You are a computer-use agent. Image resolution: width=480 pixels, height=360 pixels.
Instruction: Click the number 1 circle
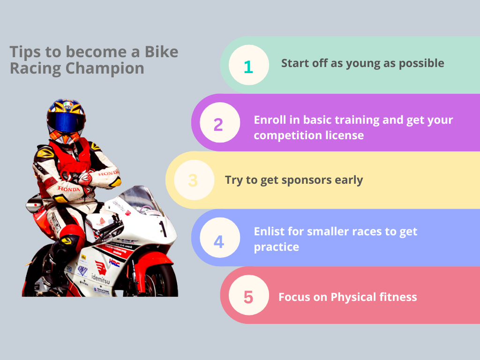(248, 65)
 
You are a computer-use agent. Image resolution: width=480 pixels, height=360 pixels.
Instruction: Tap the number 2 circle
(220, 122)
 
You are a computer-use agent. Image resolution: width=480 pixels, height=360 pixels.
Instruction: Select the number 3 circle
(194, 180)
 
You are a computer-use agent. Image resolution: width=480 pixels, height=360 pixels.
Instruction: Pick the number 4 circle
(220, 238)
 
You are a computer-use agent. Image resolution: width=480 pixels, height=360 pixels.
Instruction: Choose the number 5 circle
(248, 295)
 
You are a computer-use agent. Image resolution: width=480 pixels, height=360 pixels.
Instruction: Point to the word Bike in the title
(161, 52)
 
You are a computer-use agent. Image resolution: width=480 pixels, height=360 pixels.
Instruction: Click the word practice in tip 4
(277, 247)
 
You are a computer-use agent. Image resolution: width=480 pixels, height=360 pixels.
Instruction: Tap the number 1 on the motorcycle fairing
(163, 229)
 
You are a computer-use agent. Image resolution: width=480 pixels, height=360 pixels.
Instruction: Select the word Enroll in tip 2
(270, 120)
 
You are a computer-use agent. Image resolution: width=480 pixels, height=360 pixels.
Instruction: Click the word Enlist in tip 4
(269, 232)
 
